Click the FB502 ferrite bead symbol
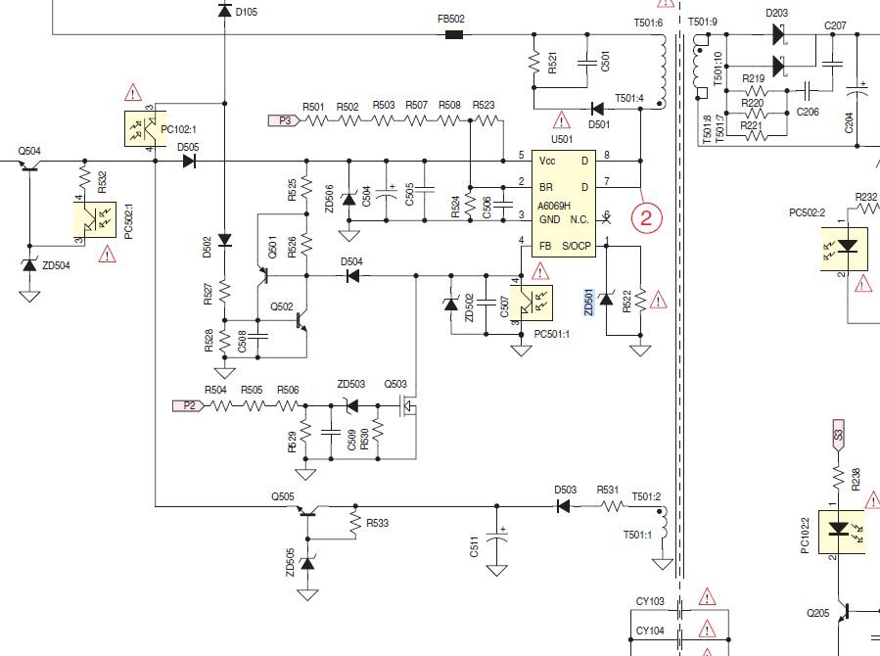click(x=453, y=35)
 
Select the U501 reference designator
click(x=561, y=140)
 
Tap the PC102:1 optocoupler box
click(x=140, y=128)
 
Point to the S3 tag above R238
click(x=838, y=436)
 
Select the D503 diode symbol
click(x=564, y=506)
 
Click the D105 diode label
click(x=247, y=12)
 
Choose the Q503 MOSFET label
click(x=395, y=384)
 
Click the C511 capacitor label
click(x=474, y=549)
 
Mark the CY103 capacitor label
click(x=650, y=601)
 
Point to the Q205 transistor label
click(x=818, y=613)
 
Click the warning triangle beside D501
click(x=562, y=121)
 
